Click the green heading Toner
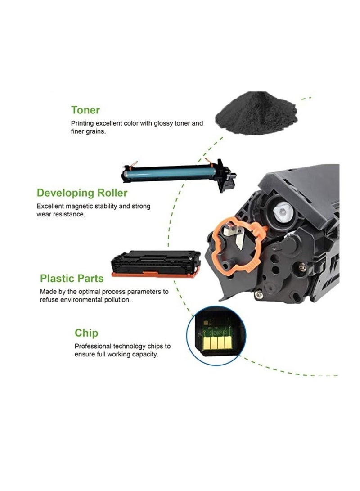click(85, 110)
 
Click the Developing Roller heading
click(82, 194)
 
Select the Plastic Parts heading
click(72, 278)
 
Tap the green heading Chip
click(86, 333)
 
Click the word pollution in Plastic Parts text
click(117, 300)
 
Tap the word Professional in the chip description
click(92, 347)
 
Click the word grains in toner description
click(96, 131)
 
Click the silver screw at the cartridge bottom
click(258, 295)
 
